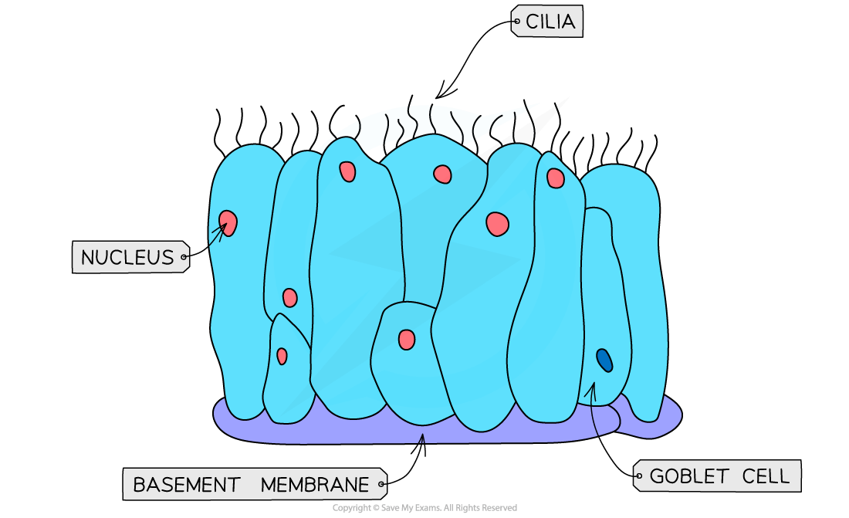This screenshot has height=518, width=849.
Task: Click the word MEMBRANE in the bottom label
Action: (315, 485)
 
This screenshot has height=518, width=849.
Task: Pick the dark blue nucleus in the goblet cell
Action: (604, 360)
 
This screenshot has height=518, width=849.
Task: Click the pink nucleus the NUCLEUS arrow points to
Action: (228, 223)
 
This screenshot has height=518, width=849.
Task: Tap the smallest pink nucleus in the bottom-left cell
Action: (282, 356)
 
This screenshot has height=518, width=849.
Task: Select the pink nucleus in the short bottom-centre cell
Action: (407, 339)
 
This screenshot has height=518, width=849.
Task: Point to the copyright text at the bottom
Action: (424, 508)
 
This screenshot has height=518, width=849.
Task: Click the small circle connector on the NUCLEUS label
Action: (184, 257)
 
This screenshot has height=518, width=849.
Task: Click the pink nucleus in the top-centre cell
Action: (442, 174)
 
